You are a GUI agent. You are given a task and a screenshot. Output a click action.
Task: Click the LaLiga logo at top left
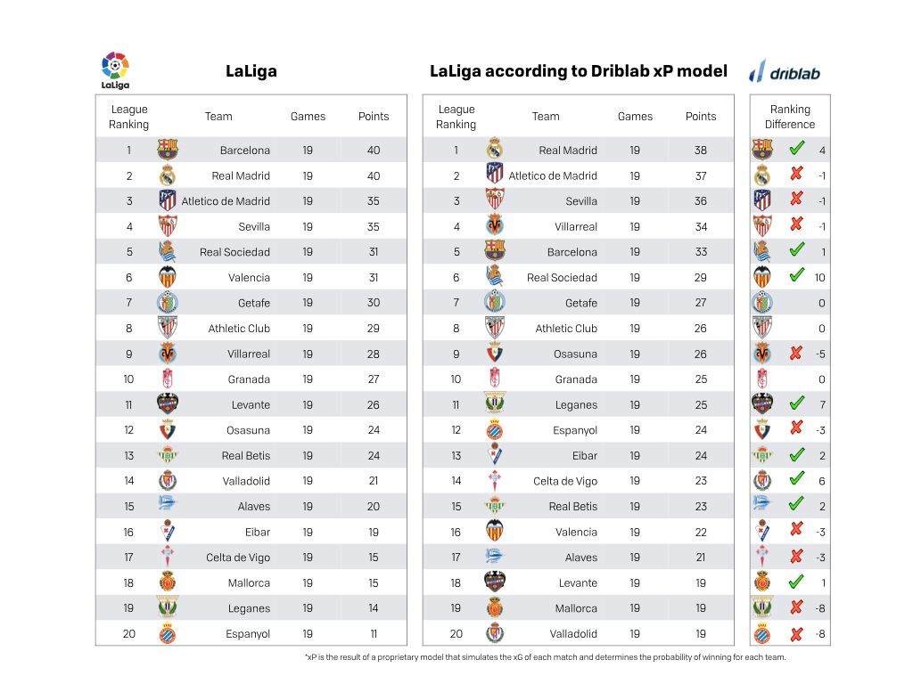(115, 70)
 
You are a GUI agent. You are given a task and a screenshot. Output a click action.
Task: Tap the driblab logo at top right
(785, 71)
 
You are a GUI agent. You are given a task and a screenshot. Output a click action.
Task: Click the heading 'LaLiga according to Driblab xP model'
(578, 71)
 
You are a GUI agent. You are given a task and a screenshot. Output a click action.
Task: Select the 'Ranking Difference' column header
(790, 117)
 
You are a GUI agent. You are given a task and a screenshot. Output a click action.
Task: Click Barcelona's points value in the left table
(374, 150)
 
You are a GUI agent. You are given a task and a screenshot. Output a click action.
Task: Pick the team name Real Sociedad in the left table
(234, 252)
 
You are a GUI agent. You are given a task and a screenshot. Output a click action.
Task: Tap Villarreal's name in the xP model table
(575, 227)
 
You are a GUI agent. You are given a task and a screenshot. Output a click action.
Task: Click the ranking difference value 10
(820, 278)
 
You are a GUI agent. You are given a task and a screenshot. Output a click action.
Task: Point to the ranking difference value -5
(820, 354)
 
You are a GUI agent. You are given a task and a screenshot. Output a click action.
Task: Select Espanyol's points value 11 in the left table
(374, 634)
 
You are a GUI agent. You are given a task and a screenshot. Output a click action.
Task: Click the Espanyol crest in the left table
(168, 633)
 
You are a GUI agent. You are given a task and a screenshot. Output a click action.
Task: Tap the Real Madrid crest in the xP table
(494, 150)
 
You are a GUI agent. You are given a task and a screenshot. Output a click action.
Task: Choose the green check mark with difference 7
(796, 403)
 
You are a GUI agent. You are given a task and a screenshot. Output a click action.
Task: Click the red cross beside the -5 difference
(796, 353)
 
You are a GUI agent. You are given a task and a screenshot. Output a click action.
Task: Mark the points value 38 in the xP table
(701, 150)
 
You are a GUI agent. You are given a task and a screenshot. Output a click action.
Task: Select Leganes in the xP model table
(576, 405)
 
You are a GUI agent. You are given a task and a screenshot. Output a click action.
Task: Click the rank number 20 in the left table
(128, 634)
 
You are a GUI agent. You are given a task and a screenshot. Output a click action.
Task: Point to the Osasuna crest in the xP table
(494, 353)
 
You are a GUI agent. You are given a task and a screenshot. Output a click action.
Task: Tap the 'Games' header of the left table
(308, 117)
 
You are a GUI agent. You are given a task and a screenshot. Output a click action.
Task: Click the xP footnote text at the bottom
(546, 657)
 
